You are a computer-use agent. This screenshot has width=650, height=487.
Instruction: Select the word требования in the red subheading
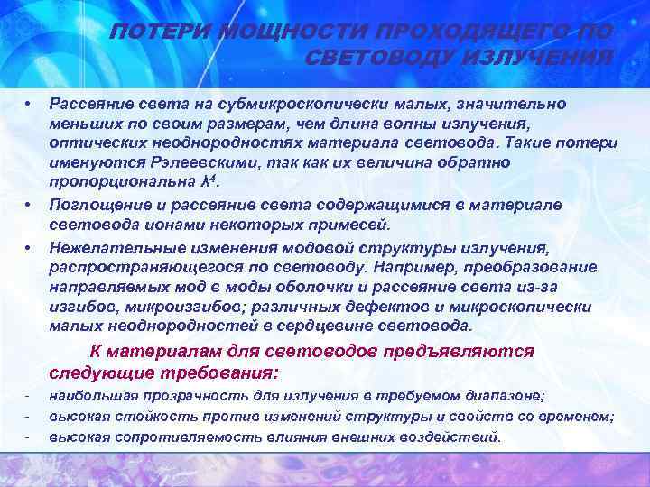click(223, 372)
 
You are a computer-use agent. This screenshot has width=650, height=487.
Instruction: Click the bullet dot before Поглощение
click(29, 205)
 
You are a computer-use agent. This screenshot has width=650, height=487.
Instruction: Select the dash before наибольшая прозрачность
click(29, 396)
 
